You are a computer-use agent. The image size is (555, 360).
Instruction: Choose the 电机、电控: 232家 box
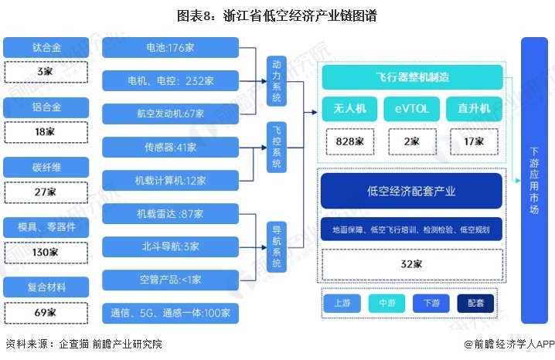point(170,80)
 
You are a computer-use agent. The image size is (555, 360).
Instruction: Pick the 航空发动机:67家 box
point(170,114)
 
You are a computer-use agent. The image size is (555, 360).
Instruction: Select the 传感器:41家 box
point(170,146)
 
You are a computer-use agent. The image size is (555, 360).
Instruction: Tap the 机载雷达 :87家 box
point(170,213)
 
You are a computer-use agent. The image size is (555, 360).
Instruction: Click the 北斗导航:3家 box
point(170,246)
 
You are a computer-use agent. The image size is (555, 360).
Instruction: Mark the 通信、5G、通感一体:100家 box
point(170,313)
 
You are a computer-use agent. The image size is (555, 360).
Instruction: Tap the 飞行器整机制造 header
point(412,77)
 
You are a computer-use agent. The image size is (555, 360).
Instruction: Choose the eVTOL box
point(411,108)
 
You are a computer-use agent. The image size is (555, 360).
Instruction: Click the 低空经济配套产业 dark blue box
point(411,192)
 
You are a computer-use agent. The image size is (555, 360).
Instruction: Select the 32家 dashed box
point(411,264)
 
